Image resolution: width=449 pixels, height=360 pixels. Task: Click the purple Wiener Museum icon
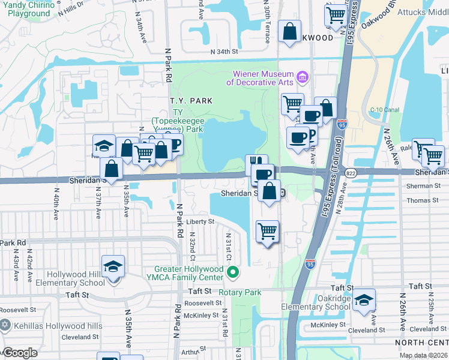[303, 77]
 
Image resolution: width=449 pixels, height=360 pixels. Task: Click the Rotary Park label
[240, 292]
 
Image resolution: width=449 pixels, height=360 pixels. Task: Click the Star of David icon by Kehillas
[5, 325]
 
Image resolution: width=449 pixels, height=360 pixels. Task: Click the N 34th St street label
[224, 52]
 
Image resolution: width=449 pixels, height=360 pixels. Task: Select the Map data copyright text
[424, 355]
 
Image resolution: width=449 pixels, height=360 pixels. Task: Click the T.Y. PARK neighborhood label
[191, 101]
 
